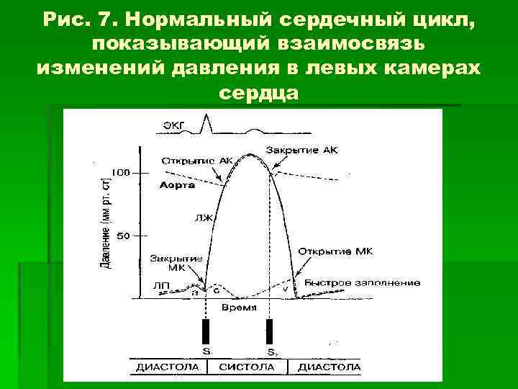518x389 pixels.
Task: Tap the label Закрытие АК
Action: click(301, 150)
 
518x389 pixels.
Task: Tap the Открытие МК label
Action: click(335, 251)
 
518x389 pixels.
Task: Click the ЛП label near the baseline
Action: click(162, 285)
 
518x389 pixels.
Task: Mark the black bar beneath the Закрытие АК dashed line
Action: click(270, 331)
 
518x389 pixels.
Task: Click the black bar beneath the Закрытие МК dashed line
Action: click(206, 331)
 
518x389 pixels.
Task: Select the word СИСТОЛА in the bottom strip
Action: click(246, 367)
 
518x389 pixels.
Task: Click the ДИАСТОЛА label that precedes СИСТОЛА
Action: click(167, 367)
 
